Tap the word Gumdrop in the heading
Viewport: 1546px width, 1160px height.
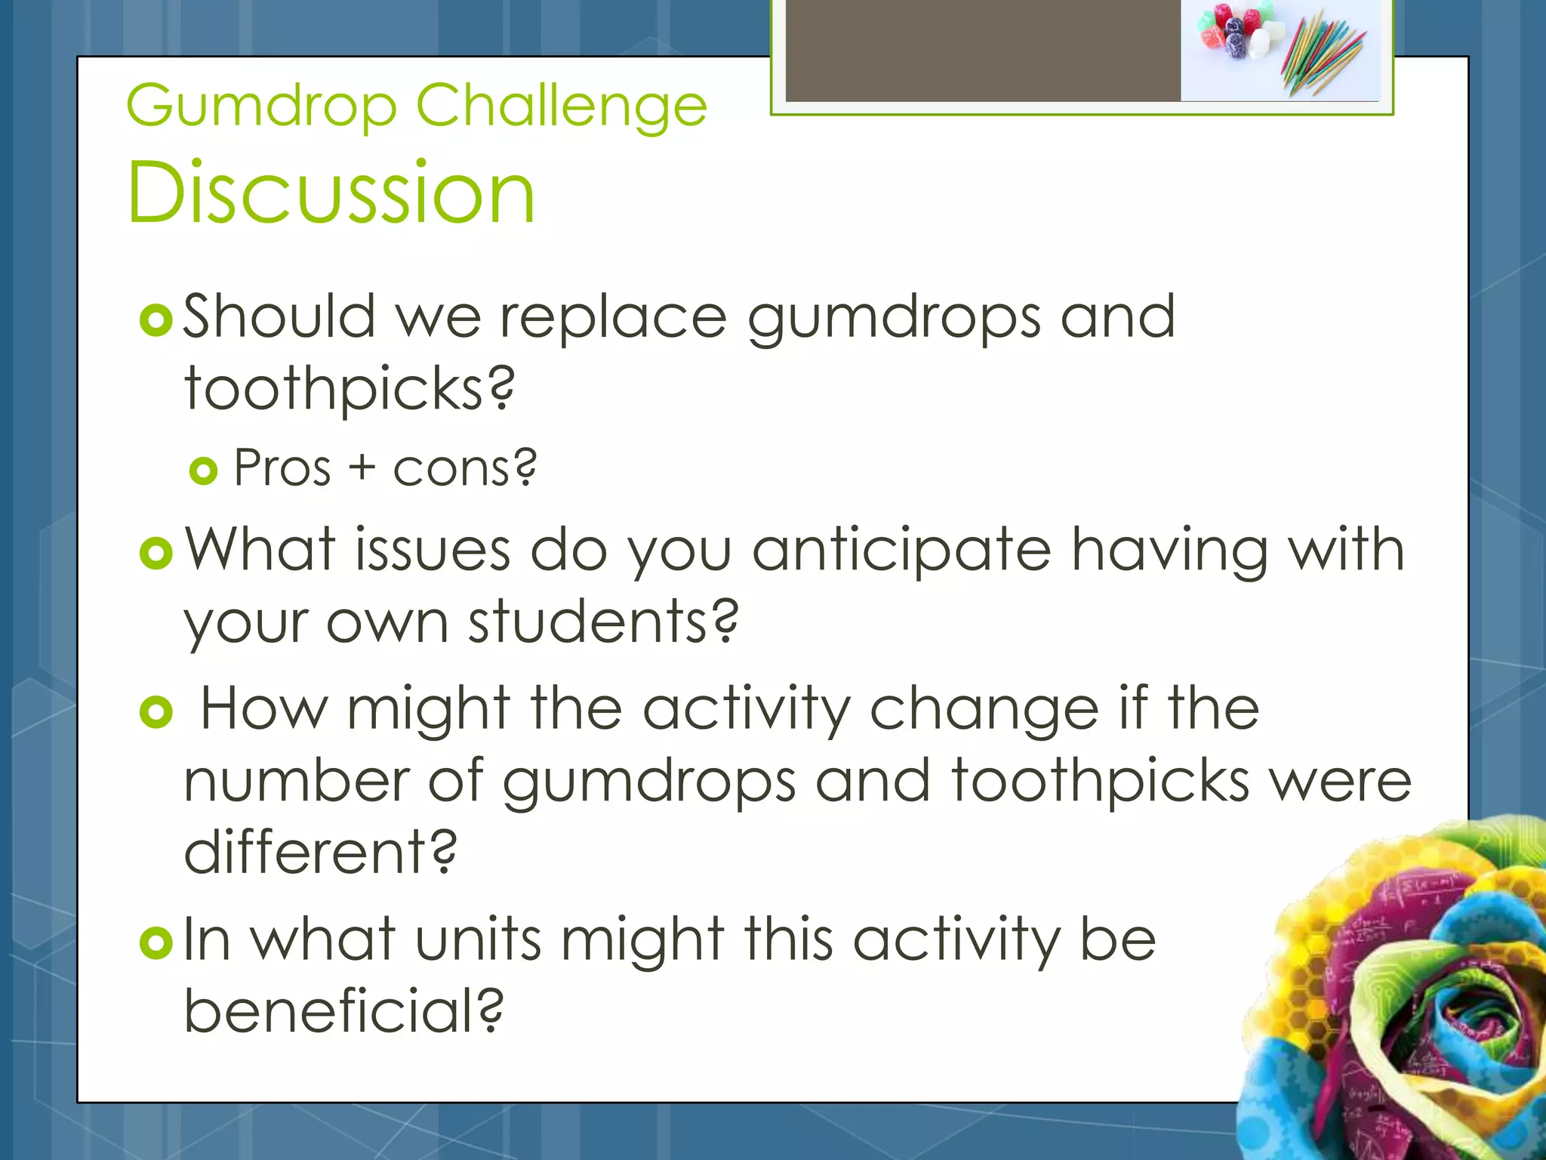pos(261,106)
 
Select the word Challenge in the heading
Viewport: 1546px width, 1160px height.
pos(561,106)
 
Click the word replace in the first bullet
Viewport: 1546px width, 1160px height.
pos(612,317)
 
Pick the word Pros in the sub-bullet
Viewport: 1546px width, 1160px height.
pos(282,468)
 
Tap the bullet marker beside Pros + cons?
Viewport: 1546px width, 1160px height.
pos(204,471)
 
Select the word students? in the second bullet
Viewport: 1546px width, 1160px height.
pos(603,622)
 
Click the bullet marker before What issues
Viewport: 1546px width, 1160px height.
pos(157,554)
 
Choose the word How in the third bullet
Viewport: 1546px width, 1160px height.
pos(263,708)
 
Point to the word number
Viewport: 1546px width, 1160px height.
pos(297,781)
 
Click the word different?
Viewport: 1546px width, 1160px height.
pos(321,852)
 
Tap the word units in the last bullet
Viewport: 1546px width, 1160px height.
pos(478,939)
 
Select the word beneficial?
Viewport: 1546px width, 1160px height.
pos(343,1010)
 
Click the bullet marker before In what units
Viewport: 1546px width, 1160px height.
pos(157,942)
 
